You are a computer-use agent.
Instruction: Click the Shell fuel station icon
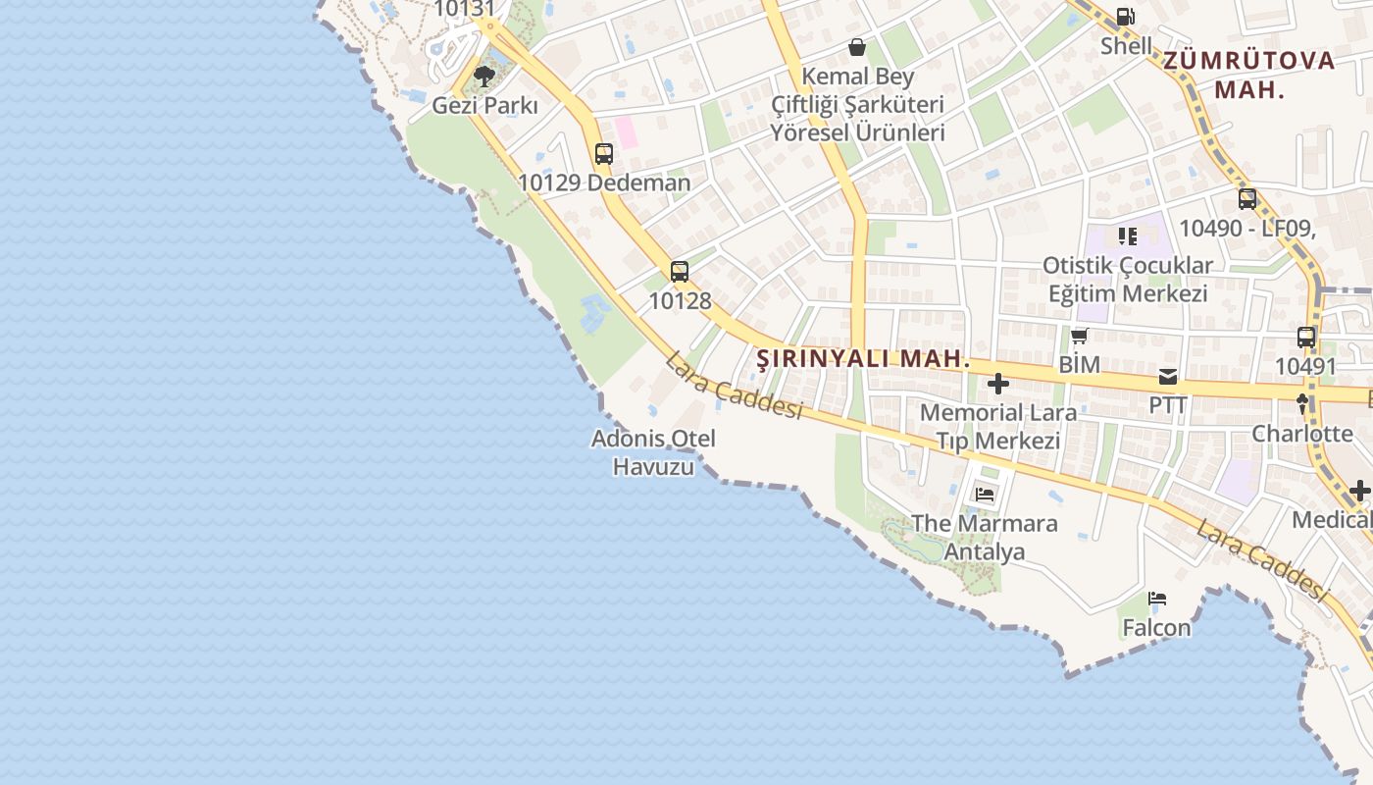click(1126, 17)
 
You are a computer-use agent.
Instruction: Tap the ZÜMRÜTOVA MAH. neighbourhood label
click(1249, 75)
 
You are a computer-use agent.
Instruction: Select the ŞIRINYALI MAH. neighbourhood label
click(864, 359)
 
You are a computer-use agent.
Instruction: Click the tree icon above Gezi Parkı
click(483, 76)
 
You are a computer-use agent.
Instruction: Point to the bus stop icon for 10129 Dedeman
click(604, 154)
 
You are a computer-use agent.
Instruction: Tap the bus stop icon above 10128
click(680, 272)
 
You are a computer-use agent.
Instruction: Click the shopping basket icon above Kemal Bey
click(857, 47)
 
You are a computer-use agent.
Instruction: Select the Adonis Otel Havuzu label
click(653, 452)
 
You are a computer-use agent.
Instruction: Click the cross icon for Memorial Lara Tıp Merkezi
click(998, 384)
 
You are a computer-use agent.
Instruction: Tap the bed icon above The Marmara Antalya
click(985, 495)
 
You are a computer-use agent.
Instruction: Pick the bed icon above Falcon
click(1157, 599)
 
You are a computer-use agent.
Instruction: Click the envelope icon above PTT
click(1168, 376)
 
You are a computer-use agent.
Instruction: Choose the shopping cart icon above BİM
click(1080, 337)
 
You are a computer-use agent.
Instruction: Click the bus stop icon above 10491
click(1306, 338)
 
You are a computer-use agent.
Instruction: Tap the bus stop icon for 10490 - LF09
click(1247, 199)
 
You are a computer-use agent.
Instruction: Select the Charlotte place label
click(1302, 434)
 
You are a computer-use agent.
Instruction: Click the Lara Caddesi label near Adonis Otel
click(734, 388)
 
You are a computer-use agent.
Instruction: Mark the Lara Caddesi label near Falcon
click(1261, 559)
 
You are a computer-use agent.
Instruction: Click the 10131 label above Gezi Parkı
click(464, 9)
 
